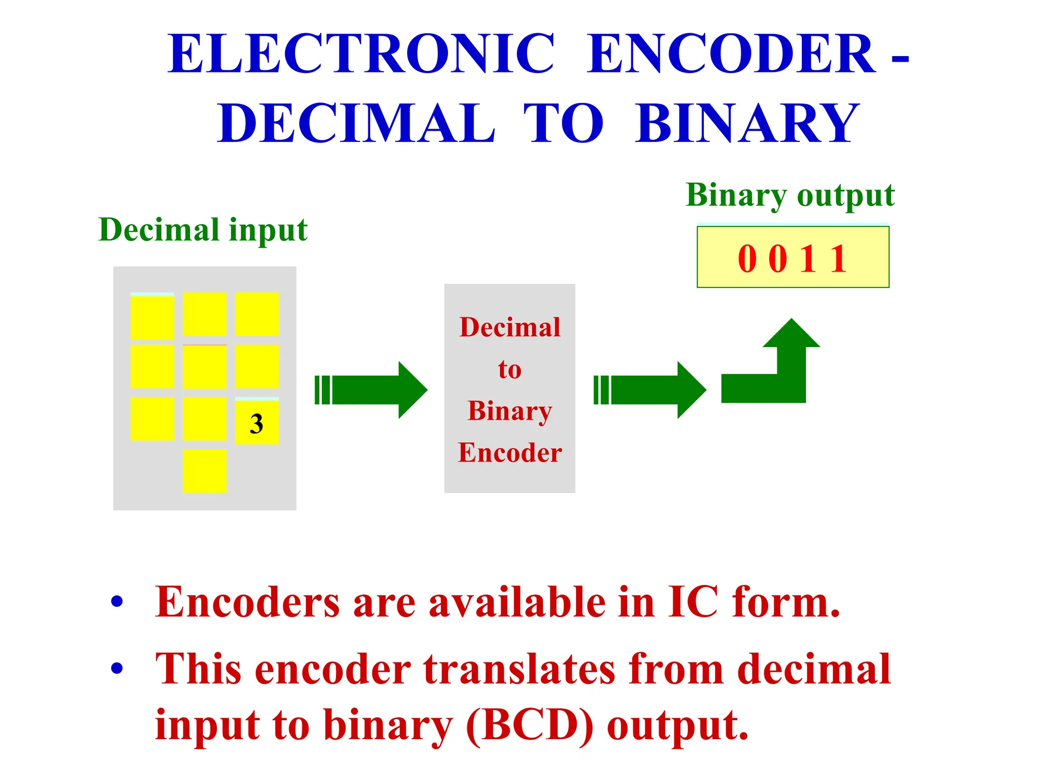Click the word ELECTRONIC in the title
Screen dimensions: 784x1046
[x=361, y=54]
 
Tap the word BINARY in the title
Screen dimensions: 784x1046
[x=748, y=123]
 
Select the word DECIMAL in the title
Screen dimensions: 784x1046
[x=356, y=123]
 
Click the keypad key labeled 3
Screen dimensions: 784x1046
[x=256, y=422]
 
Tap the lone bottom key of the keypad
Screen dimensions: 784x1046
[x=204, y=471]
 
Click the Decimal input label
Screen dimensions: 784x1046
[x=203, y=230]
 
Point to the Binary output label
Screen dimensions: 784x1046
[x=790, y=195]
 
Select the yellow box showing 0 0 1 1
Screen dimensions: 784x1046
[x=793, y=257]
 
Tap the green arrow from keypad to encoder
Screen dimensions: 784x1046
[x=372, y=390]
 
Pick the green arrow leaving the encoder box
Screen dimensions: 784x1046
[x=650, y=390]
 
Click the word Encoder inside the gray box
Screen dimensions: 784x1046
[x=510, y=453]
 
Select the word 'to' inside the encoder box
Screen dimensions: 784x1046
[x=510, y=369]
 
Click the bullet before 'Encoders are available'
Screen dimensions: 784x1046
[x=117, y=602]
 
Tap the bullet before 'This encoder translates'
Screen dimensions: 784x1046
[x=117, y=668]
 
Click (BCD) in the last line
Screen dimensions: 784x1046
[x=530, y=725]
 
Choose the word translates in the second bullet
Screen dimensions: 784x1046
[x=519, y=669]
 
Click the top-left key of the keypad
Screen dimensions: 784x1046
[x=152, y=316]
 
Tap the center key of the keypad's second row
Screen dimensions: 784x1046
[x=204, y=366]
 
